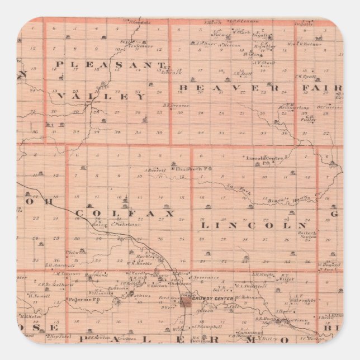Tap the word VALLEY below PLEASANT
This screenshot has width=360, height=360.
tap(101, 96)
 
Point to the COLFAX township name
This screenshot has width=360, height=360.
tap(124, 213)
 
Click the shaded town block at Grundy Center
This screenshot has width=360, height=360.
tap(184, 301)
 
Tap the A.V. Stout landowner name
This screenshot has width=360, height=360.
tap(262, 63)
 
